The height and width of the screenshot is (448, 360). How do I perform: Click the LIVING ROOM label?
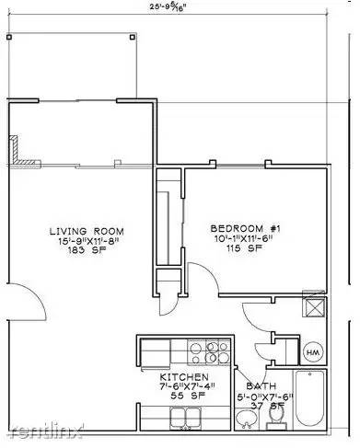coord(87,230)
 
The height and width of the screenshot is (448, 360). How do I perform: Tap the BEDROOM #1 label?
coord(245,227)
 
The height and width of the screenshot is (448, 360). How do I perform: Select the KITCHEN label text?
coord(189,377)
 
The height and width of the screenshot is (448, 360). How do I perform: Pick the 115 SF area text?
coord(245,249)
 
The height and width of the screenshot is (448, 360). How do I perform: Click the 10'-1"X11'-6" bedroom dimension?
coord(245,238)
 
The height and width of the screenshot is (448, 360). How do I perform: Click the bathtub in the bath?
coord(314,396)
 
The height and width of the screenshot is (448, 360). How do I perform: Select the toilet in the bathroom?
coord(275,416)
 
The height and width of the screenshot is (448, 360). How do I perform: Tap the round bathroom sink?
coord(246,419)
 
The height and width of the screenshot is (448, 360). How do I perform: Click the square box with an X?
coord(314,308)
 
